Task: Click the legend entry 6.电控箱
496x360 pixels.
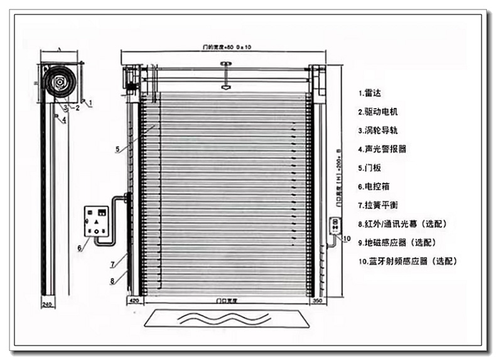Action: click(x=374, y=187)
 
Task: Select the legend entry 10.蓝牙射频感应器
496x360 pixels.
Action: click(x=407, y=260)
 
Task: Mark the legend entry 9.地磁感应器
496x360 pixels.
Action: click(x=397, y=242)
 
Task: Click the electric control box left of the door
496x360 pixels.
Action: click(x=96, y=221)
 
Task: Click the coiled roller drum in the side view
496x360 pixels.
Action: click(x=60, y=82)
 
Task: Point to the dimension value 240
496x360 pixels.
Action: click(x=46, y=305)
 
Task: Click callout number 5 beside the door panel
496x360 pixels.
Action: click(x=117, y=149)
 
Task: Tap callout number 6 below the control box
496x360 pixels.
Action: click(x=79, y=248)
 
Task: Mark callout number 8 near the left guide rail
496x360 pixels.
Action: click(x=112, y=281)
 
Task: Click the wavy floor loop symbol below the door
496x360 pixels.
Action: click(x=227, y=319)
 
